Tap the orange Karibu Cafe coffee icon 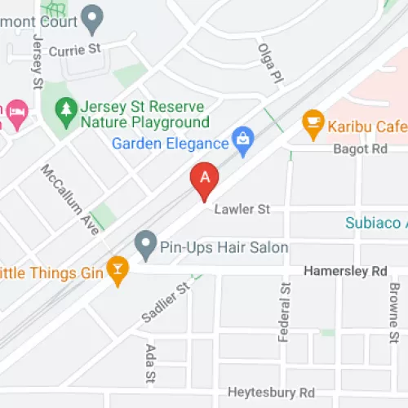pos(312,125)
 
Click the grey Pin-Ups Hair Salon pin pos(145,242)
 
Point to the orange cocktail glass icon pos(118,271)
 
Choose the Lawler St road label pos(242,210)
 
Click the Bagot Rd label pos(360,149)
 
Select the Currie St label pos(74,49)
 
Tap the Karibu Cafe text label pos(367,126)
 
